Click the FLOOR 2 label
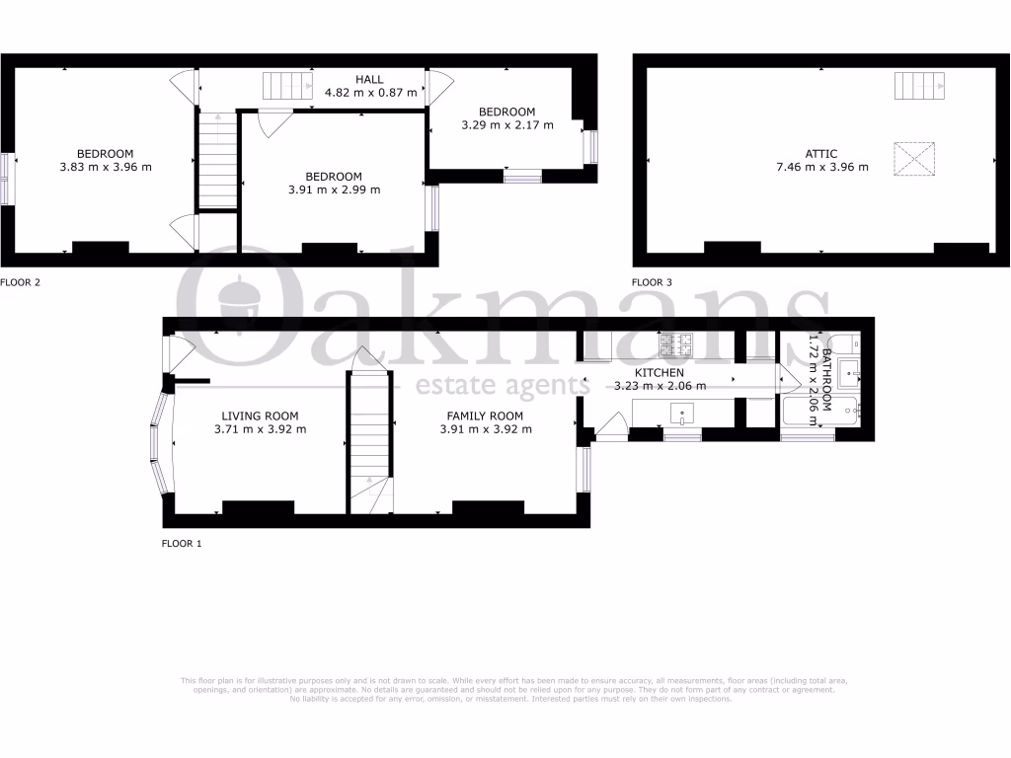[x=20, y=282]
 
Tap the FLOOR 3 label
[x=652, y=282]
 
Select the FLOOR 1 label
[x=182, y=543]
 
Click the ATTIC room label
[x=820, y=154]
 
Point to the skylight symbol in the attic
[x=914, y=160]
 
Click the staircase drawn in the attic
[x=920, y=87]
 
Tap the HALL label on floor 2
[x=369, y=79]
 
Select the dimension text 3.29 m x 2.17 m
[x=506, y=125]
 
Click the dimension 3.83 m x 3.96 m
[x=105, y=167]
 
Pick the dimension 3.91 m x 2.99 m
[x=333, y=189]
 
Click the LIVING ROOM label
[x=260, y=416]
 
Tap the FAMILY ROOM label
[x=485, y=416]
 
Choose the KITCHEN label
[x=659, y=373]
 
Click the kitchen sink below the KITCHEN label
[x=683, y=414]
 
